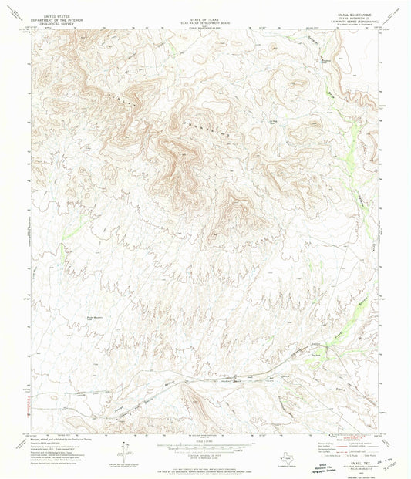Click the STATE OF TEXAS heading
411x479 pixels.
[205, 15]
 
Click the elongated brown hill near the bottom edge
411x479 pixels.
[193, 400]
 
